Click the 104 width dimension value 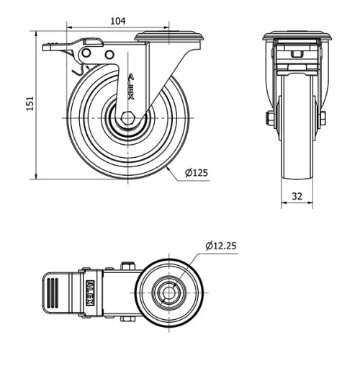tap(119, 21)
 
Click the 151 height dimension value tap(30, 104)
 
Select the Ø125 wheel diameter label tap(196, 172)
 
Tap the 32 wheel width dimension tap(296, 195)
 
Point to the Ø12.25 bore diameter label tap(220, 246)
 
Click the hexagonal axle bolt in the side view tap(127, 119)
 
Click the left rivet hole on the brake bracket tap(87, 55)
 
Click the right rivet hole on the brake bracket tap(109, 55)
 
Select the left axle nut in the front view tap(269, 117)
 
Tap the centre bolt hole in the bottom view tap(169, 293)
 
